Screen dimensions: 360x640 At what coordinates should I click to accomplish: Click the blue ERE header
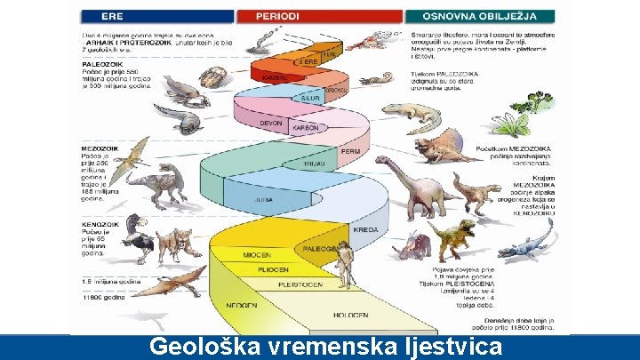(x=156, y=16)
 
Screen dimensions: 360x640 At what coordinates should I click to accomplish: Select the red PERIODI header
(x=319, y=16)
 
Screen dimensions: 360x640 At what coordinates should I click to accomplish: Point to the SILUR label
(x=310, y=97)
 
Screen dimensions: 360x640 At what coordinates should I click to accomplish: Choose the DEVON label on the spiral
(x=270, y=123)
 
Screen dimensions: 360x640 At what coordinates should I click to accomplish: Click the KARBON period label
(x=307, y=128)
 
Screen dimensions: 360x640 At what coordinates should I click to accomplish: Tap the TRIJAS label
(x=314, y=164)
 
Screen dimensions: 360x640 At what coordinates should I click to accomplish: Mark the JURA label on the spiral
(x=264, y=201)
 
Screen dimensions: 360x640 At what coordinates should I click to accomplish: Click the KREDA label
(x=365, y=229)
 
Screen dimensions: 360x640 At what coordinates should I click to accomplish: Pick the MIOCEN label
(x=257, y=255)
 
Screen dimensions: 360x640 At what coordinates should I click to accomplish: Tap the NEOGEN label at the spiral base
(x=242, y=305)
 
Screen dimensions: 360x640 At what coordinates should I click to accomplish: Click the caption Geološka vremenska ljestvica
(x=324, y=347)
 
